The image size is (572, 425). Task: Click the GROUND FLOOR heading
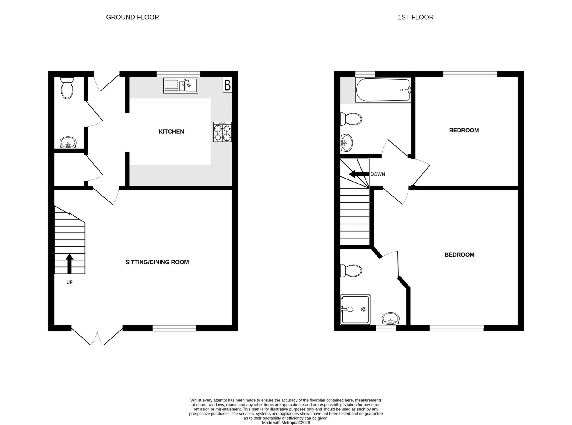pyautogui.click(x=132, y=17)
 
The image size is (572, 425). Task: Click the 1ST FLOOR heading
pyautogui.click(x=415, y=17)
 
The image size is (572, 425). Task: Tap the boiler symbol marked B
pyautogui.click(x=227, y=86)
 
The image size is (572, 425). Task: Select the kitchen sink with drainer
pyautogui.click(x=181, y=86)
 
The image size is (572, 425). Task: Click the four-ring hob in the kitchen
pyautogui.click(x=222, y=132)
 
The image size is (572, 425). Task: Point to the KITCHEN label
pyautogui.click(x=171, y=131)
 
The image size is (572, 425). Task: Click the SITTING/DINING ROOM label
pyautogui.click(x=157, y=262)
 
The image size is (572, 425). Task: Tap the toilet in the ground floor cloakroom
pyautogui.click(x=67, y=88)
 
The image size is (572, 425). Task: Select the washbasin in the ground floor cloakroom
pyautogui.click(x=68, y=142)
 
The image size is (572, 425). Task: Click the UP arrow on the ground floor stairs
pyautogui.click(x=69, y=263)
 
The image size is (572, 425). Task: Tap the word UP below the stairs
pyautogui.click(x=69, y=282)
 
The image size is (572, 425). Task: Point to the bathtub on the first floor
pyautogui.click(x=383, y=90)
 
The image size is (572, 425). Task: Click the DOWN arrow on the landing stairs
pyautogui.click(x=359, y=174)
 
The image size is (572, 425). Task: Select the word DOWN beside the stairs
pyautogui.click(x=377, y=174)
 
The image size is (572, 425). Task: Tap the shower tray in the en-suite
pyautogui.click(x=355, y=310)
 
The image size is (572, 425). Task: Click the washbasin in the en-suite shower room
pyautogui.click(x=390, y=319)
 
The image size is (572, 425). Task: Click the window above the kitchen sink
pyautogui.click(x=178, y=73)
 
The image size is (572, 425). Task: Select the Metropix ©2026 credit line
pyautogui.click(x=286, y=423)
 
